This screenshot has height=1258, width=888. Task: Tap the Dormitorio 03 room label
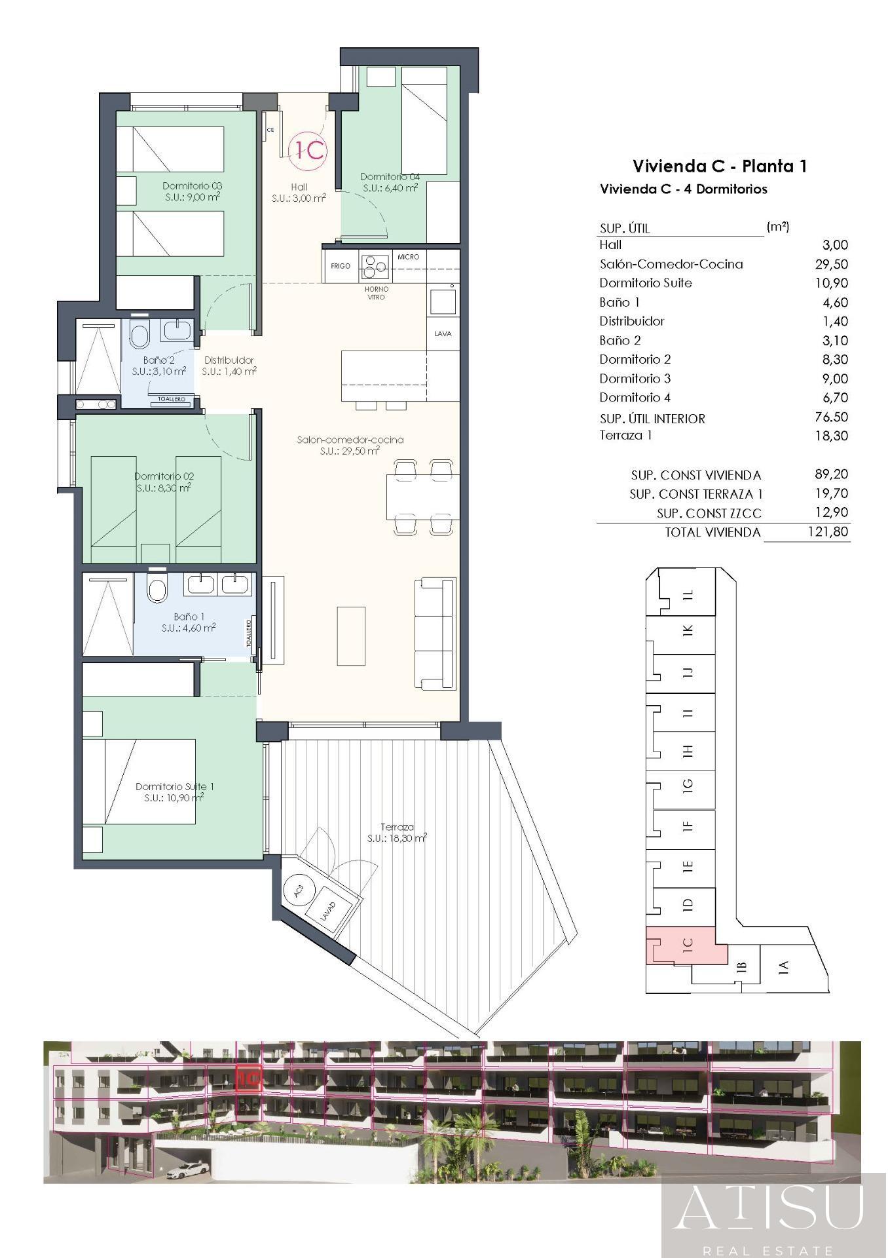[x=193, y=186]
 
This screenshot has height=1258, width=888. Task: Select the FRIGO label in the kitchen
[x=341, y=266]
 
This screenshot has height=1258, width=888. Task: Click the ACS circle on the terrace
[x=300, y=892]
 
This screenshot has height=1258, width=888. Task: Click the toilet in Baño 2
[x=139, y=335]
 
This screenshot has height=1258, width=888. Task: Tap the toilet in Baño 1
[x=157, y=589]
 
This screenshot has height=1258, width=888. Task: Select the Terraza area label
[x=397, y=828]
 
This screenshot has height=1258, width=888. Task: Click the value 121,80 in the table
[x=828, y=531]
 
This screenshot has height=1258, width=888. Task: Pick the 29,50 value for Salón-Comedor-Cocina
[x=834, y=264]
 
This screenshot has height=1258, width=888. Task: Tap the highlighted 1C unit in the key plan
[x=688, y=945]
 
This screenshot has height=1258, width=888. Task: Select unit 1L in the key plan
[x=688, y=595]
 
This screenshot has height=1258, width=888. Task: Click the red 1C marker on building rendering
[x=249, y=1078]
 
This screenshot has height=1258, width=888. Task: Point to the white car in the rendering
[x=188, y=1170]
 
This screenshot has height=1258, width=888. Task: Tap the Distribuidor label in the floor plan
[x=229, y=360]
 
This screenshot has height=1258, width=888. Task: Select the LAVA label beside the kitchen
[x=443, y=334]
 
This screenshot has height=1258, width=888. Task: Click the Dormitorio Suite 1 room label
[x=175, y=786]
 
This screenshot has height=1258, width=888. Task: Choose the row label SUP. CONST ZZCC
[x=709, y=513]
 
